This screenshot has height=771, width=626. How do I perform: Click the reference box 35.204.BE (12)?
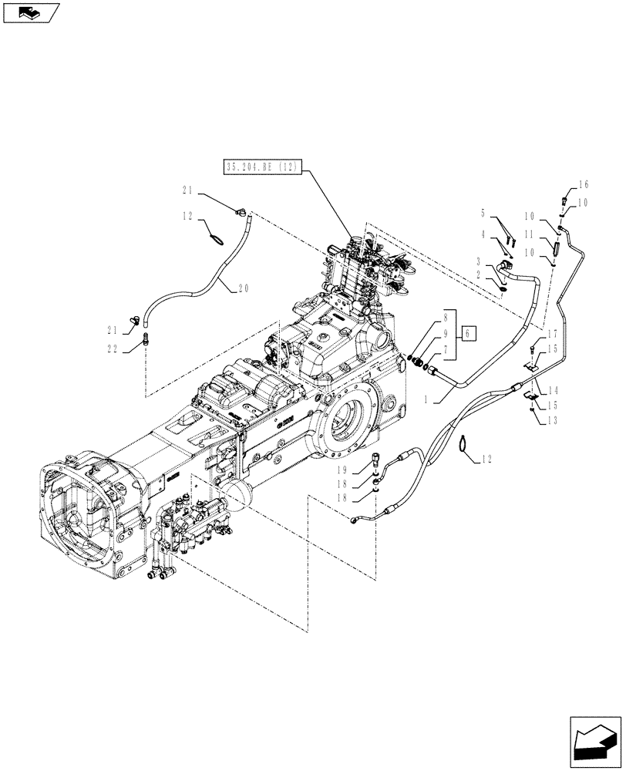tap(262, 167)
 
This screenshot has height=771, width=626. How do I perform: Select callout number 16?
tap(583, 185)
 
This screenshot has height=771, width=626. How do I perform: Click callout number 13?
tap(552, 420)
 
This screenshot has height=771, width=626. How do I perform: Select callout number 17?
tap(552, 335)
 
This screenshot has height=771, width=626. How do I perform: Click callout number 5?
tap(483, 214)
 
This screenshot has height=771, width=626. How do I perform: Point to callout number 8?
tap(446, 316)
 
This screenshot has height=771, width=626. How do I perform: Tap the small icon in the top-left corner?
tap(29, 12)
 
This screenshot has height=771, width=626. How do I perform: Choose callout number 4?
tap(483, 234)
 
